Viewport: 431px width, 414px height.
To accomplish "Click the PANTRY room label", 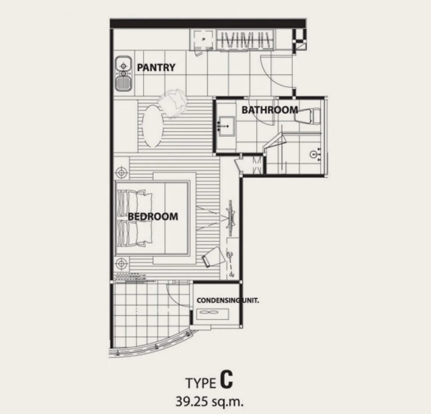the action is point(156,68).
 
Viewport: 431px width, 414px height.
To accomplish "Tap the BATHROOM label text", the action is point(270,110).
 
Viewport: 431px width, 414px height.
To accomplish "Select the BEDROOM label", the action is point(153,217).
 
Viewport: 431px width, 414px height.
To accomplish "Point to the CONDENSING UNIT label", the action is point(227,300).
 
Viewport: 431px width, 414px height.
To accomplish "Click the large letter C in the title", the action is point(226,379).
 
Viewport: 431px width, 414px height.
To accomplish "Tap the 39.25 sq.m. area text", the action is point(210,402).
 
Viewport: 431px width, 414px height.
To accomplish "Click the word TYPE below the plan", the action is point(201,383).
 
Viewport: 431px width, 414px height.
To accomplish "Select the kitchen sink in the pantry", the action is point(123,74).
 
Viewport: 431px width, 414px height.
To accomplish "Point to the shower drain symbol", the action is point(313,154).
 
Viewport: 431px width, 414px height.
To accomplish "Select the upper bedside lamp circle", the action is point(121,173).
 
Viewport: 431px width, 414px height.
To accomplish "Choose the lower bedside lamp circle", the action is point(121,264).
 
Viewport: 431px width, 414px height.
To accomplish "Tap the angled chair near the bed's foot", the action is point(213,257).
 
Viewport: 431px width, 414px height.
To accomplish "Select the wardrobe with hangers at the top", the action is point(246,40).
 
